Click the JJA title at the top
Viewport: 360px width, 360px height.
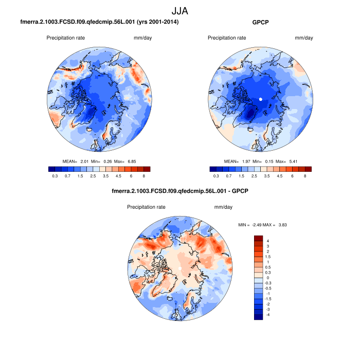(180, 10)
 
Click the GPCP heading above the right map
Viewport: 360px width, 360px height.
(261, 23)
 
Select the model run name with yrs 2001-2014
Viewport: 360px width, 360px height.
(100, 23)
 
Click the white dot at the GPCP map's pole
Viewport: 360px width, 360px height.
(261, 99)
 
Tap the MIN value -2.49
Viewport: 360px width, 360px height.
(256, 225)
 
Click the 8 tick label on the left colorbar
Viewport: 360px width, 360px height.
(143, 176)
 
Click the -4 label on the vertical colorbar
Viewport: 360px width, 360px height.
(268, 314)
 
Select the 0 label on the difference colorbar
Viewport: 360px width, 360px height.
(267, 277)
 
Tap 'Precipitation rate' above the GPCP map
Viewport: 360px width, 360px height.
(227, 38)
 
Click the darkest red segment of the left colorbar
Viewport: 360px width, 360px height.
(147, 169)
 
